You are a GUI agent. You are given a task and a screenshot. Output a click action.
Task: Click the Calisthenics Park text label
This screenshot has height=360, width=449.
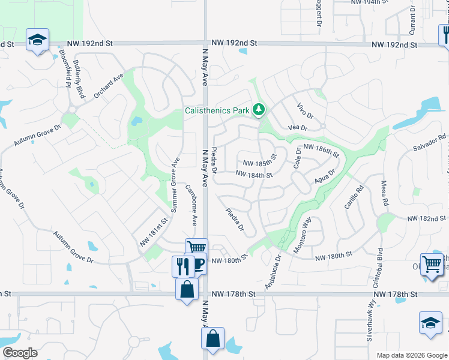pyautogui.click(x=217, y=111)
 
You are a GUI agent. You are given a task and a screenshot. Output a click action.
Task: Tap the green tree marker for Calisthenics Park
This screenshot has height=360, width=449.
pyautogui.click(x=259, y=110)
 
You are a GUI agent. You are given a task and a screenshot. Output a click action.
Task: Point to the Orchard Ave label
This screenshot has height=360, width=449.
pyautogui.click(x=108, y=86)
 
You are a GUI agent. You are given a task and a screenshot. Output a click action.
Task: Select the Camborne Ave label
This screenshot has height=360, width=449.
pyautogui.click(x=191, y=204)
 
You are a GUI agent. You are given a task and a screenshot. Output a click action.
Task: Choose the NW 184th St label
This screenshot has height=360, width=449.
pyautogui.click(x=255, y=175)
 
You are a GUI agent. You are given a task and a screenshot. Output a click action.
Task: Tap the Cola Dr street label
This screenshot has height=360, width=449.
pyautogui.click(x=297, y=157)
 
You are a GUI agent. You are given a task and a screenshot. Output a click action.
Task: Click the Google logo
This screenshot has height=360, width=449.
pyautogui.click(x=20, y=352)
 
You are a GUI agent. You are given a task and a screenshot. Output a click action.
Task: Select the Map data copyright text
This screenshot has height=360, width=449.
pyautogui.click(x=412, y=355)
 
